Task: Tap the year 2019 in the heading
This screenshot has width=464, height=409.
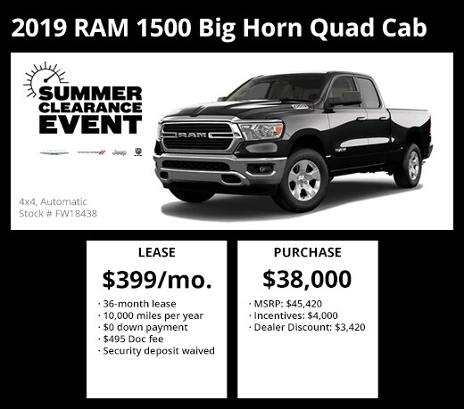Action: click(x=38, y=28)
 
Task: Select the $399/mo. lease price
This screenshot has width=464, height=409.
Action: click(x=157, y=280)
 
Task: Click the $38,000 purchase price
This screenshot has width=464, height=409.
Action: click(x=307, y=279)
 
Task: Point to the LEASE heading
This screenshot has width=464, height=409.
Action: click(x=157, y=252)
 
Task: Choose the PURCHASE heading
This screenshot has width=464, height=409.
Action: click(x=308, y=252)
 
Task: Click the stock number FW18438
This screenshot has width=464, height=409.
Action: click(x=76, y=214)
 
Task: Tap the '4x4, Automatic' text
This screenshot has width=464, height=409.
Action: click(x=53, y=202)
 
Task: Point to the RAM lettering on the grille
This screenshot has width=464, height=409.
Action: click(x=193, y=135)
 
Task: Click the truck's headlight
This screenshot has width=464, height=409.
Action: click(x=261, y=131)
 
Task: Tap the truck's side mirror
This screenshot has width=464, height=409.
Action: click(x=344, y=99)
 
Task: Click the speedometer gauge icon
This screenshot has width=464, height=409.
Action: click(x=45, y=78)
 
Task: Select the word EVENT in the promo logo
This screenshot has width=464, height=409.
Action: click(x=90, y=124)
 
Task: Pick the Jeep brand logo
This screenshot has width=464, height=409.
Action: click(x=120, y=152)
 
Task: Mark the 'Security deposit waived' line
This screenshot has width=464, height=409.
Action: click(x=156, y=351)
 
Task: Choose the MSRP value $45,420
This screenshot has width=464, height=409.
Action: click(x=304, y=304)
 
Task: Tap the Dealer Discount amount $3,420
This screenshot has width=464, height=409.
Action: click(x=350, y=327)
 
